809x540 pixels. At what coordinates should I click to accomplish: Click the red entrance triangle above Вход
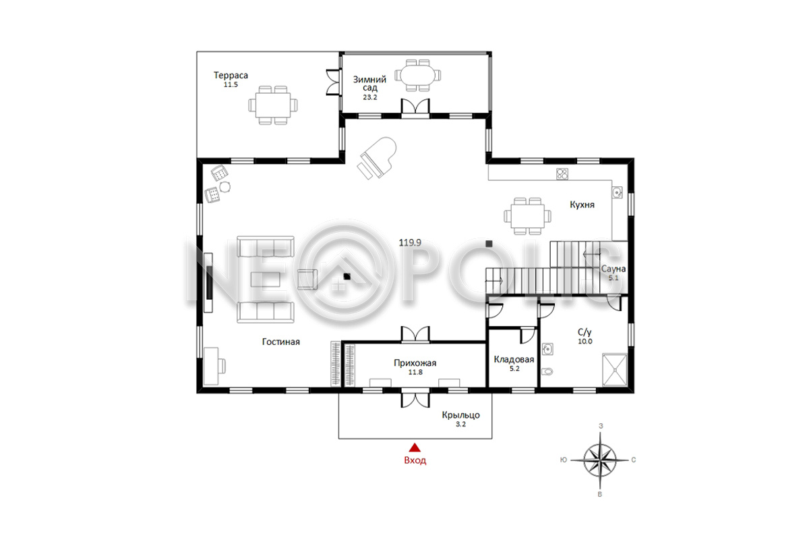point(415,448)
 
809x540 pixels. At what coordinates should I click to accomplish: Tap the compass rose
point(600,460)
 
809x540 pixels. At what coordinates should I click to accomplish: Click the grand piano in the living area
point(378,157)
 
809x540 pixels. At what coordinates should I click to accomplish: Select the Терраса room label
point(231,75)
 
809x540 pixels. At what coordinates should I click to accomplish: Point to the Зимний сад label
point(370,83)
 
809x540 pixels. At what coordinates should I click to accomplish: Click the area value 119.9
point(410,242)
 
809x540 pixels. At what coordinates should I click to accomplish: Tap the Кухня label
point(582,205)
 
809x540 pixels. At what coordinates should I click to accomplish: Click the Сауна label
point(613,269)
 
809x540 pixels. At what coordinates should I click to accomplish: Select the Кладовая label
point(514,359)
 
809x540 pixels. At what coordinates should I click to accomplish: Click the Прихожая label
point(415,362)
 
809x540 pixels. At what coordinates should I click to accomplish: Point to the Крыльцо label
point(461,415)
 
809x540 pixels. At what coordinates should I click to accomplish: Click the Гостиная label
point(281,342)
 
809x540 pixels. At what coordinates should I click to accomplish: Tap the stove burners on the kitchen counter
point(562,174)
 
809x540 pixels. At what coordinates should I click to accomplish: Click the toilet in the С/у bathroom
point(547,371)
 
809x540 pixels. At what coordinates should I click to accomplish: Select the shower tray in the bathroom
point(615,370)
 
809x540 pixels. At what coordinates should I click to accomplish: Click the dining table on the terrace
point(273,105)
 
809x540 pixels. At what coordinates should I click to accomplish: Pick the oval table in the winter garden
point(417,75)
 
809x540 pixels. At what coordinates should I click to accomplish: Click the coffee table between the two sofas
point(266,279)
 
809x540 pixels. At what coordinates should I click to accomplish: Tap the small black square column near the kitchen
point(489,244)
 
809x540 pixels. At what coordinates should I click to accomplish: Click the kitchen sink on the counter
point(617,192)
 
